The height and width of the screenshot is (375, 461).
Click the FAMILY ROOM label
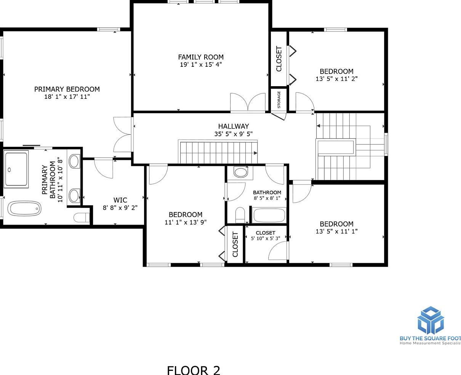(201, 57)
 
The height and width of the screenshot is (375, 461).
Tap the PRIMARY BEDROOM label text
(67, 89)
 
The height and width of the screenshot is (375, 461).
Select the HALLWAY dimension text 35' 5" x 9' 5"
(233, 134)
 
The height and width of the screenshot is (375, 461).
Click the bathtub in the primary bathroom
(25, 209)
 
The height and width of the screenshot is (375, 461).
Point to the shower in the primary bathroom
(16, 169)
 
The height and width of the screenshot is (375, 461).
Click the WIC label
(120, 200)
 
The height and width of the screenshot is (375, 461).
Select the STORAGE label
(279, 100)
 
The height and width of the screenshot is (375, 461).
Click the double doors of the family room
(248, 103)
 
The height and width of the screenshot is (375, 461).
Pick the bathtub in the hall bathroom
(269, 216)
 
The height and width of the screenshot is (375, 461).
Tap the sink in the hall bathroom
(241, 172)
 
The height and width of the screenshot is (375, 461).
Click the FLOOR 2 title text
(194, 370)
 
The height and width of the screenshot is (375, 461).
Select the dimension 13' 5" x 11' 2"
(336, 79)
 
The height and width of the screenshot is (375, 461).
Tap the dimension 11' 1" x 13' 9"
(186, 222)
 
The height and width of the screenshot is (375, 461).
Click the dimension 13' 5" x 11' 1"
(336, 231)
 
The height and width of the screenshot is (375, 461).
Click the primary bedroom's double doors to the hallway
(123, 135)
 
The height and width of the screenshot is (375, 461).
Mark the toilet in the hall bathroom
(240, 215)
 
